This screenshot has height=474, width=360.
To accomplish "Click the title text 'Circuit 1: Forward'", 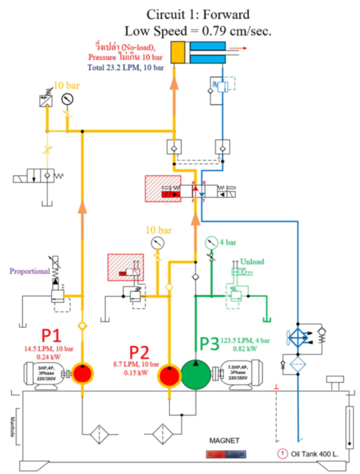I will [x=198, y=14].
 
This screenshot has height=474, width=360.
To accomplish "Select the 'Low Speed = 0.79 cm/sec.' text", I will [x=198, y=30].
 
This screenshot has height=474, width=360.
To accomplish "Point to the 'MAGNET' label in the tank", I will [x=226, y=442].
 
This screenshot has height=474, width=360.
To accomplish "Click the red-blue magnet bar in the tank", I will [x=225, y=454].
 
